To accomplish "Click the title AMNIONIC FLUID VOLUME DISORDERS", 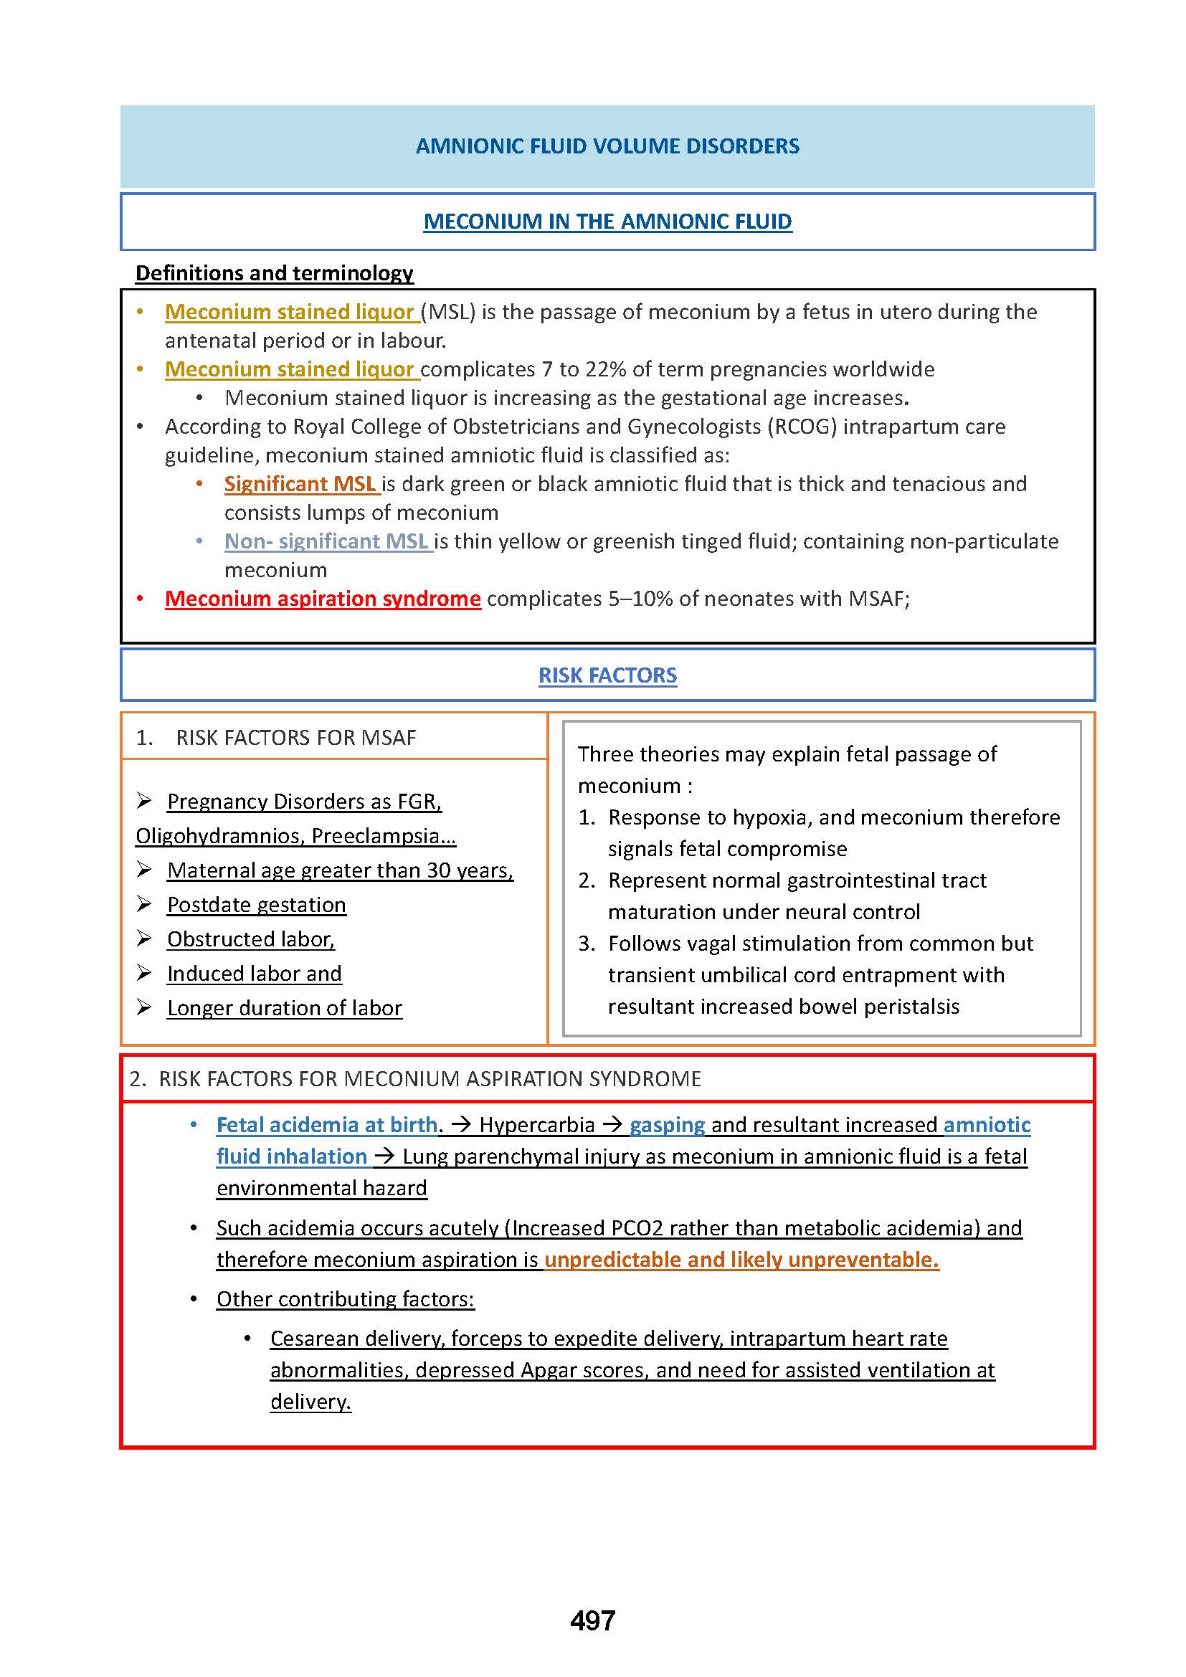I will (607, 146).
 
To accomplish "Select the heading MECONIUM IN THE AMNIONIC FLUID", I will (607, 222).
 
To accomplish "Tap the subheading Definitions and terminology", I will (274, 273).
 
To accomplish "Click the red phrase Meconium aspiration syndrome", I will (323, 599).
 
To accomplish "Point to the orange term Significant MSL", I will (300, 484).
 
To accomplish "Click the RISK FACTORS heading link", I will (607, 675).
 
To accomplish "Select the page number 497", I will (592, 1621).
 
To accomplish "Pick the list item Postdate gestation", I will (256, 905).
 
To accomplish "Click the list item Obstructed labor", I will (250, 939).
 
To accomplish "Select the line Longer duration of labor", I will (284, 1008).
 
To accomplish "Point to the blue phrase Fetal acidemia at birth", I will (327, 1125).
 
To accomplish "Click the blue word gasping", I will (667, 1125).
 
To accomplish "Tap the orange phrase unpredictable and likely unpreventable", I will (741, 1260).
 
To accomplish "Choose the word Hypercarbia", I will (537, 1125).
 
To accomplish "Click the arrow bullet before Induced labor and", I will (144, 973).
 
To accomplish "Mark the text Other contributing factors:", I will (345, 1299).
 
